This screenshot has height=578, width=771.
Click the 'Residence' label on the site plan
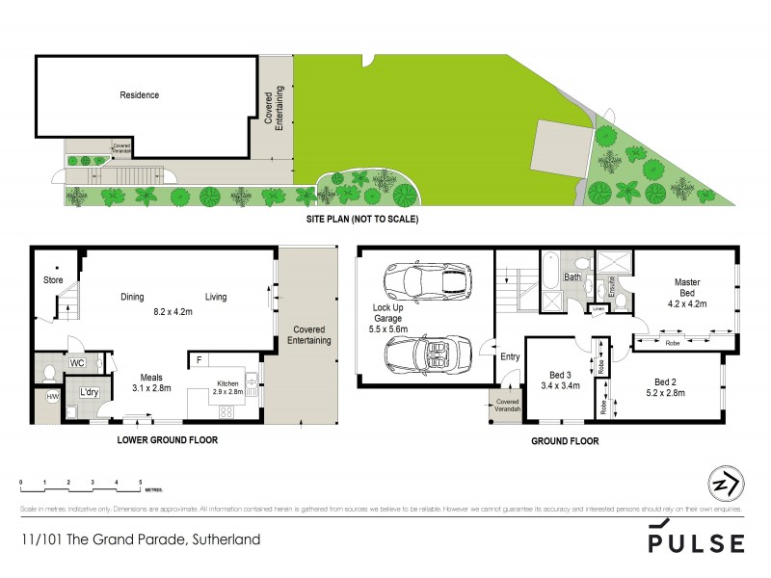pos(139,95)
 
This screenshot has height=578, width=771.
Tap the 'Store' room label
pos(52,280)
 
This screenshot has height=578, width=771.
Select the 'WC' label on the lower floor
pos(78,364)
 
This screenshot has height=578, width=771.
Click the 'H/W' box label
pos(52,396)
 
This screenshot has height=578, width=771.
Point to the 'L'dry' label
pos(91,392)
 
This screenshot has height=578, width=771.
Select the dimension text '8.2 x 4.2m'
pos(174,312)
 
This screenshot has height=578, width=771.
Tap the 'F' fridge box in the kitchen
pos(199,361)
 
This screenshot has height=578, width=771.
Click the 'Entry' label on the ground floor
pos(510,357)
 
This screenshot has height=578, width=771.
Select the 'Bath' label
pos(572,277)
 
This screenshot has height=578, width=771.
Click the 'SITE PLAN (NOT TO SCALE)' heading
pos(358,219)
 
